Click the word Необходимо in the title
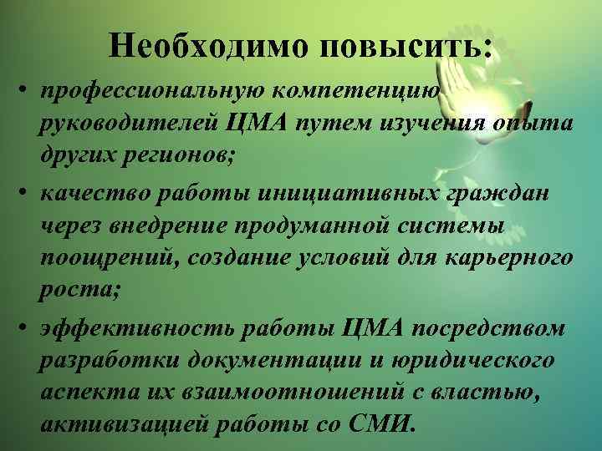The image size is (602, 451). (x=206, y=47)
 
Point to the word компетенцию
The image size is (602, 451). (x=360, y=89)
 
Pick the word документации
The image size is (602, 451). (x=276, y=363)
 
